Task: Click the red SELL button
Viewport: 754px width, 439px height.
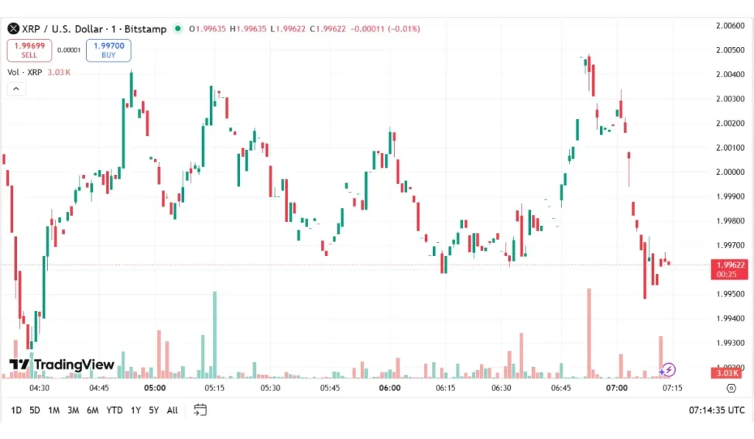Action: click(29, 50)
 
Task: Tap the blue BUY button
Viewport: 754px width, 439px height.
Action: click(108, 50)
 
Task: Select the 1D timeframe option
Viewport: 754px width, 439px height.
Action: click(15, 410)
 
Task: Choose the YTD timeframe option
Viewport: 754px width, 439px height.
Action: click(114, 410)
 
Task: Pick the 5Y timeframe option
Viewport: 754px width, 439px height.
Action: click(153, 410)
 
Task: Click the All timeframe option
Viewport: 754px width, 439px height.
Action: click(172, 410)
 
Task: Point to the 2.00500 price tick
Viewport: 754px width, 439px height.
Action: click(729, 50)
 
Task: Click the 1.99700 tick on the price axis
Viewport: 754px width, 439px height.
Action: click(729, 245)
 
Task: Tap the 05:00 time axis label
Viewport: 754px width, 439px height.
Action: click(155, 388)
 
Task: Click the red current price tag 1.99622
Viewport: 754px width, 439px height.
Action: click(728, 269)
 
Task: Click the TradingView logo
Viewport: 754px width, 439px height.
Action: click(62, 365)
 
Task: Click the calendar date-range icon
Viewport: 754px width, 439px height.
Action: click(200, 410)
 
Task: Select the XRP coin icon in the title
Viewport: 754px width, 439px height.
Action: click(13, 29)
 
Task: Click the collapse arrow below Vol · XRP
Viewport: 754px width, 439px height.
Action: click(16, 89)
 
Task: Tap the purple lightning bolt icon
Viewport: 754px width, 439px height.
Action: click(668, 370)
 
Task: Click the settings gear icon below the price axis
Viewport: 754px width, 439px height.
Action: click(730, 388)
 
